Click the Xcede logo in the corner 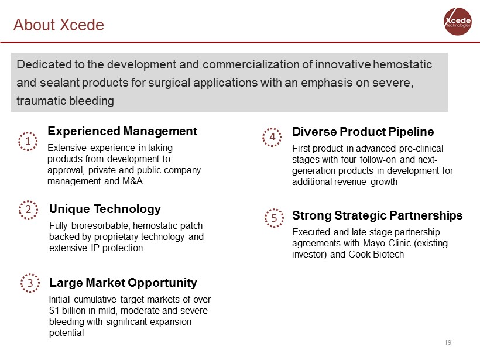pos(457,22)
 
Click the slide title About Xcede pos(59,25)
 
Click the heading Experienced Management pos(122,131)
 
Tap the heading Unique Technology pos(105,209)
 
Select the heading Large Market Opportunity pos(123,283)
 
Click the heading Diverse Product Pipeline pos(363,132)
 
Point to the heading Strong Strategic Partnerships pos(377,215)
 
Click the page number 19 pos(448,342)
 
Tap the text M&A pos(132,181)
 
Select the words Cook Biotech pos(376,254)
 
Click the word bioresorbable pos(101,225)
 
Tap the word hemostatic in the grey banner pos(403,64)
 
